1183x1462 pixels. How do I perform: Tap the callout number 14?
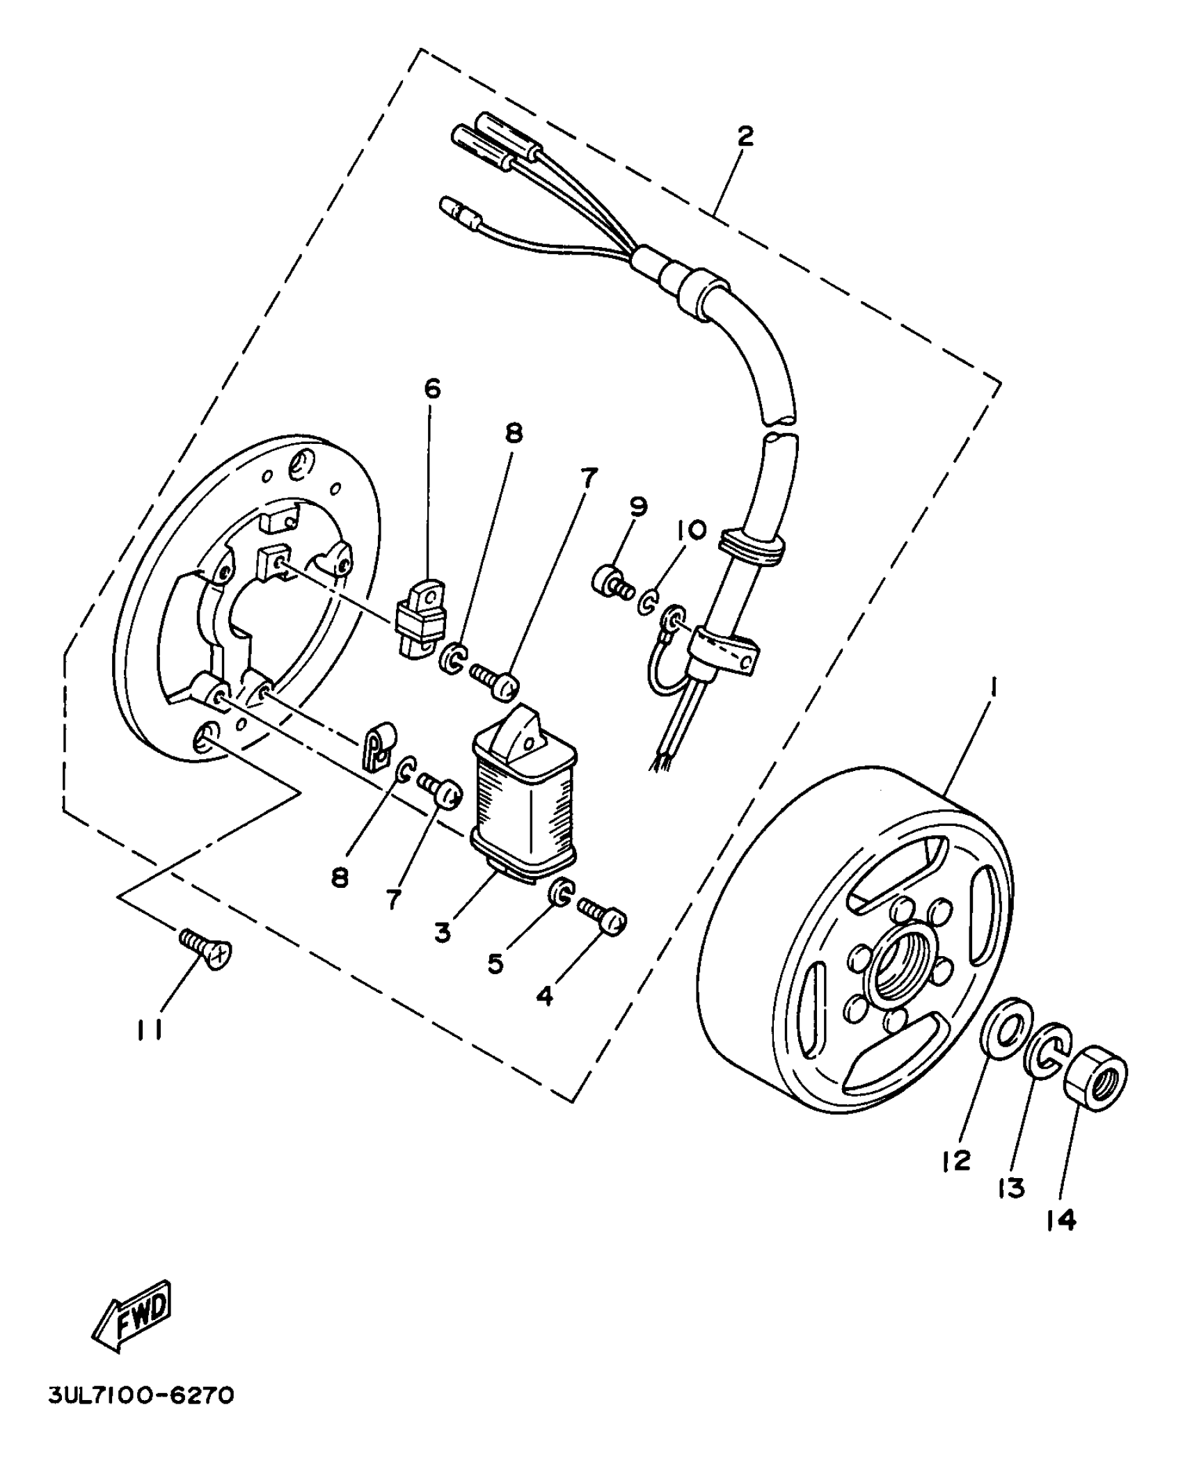tap(1061, 1220)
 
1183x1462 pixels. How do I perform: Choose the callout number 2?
tap(745, 136)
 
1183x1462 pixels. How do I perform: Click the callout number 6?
tap(432, 388)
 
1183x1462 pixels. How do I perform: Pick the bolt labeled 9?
tap(612, 582)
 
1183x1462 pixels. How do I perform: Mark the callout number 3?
tap(443, 932)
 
